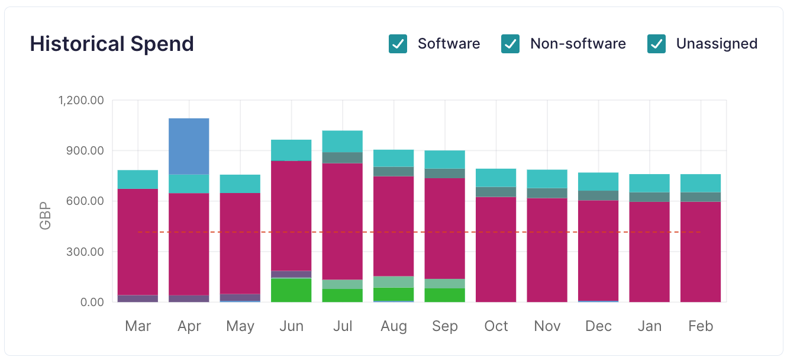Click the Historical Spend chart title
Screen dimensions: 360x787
coord(112,44)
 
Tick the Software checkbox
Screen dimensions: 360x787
coord(398,44)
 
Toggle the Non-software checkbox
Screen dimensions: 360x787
coord(510,44)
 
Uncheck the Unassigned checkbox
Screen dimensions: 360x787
coord(656,44)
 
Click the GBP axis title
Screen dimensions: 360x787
coord(46,217)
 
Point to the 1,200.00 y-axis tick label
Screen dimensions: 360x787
coord(81,100)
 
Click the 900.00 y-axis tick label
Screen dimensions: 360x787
coord(85,150)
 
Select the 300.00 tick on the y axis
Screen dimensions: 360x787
coord(85,252)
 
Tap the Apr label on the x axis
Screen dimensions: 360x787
coord(189,326)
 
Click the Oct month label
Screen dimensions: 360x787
coord(496,326)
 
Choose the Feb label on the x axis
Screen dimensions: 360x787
coord(701,326)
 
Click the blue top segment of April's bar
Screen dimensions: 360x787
coord(189,146)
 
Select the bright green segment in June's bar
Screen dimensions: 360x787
coord(291,290)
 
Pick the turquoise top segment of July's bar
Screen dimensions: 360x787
coord(343,141)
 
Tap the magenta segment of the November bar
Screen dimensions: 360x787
coord(547,249)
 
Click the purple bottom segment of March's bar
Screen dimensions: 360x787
coord(138,298)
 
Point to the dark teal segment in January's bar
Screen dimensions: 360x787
coord(649,197)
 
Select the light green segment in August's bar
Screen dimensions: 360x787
coord(393,282)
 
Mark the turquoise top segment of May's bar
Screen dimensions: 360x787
coord(240,184)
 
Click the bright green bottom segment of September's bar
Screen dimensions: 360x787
coord(445,295)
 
